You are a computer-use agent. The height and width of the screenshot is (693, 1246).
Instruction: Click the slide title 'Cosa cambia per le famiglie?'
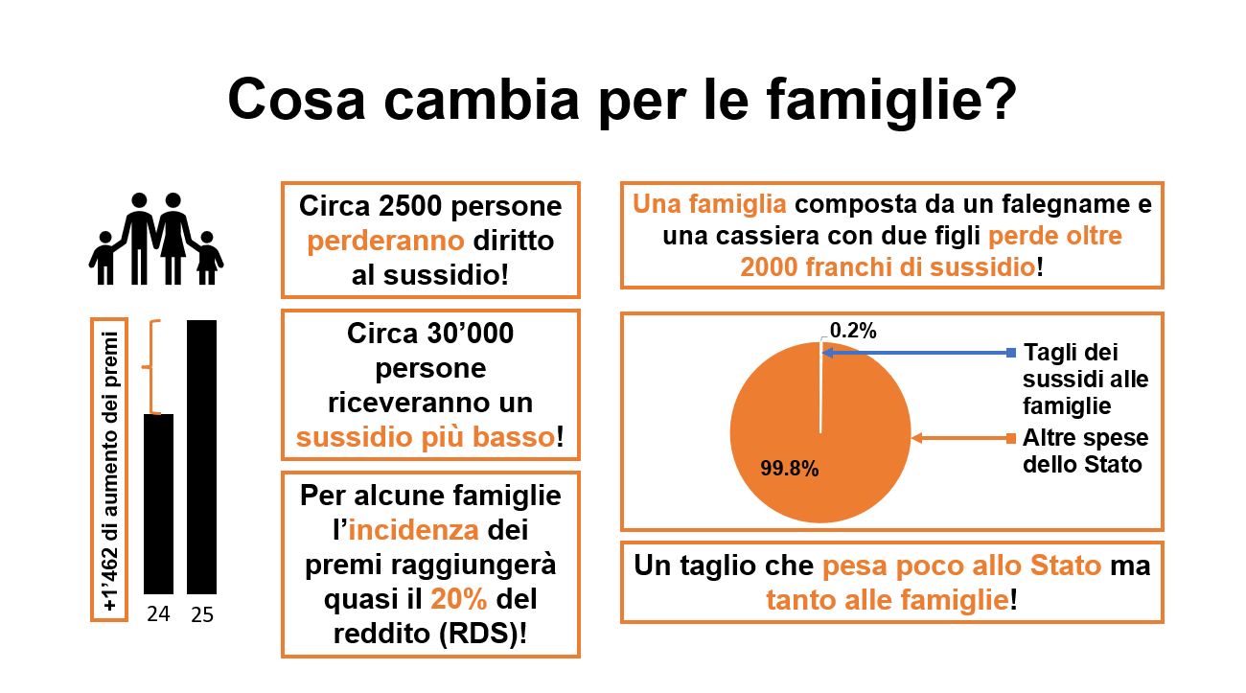621,99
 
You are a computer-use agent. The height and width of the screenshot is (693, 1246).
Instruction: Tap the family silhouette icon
156,239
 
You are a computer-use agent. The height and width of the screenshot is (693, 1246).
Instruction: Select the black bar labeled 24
158,502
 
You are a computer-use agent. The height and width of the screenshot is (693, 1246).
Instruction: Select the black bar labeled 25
201,456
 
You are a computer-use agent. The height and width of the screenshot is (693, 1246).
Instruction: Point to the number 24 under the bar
158,615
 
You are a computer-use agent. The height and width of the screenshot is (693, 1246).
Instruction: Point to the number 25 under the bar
201,615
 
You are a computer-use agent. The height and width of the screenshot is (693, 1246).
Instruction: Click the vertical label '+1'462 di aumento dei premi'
109,470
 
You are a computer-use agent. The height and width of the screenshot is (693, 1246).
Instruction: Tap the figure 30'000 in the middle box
465,334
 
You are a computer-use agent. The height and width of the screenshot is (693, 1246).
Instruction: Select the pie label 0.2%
853,330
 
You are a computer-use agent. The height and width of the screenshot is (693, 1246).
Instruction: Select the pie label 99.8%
789,469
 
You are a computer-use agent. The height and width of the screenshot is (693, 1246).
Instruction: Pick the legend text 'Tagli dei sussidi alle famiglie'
1085,379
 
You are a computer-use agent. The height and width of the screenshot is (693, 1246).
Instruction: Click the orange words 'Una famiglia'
710,204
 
